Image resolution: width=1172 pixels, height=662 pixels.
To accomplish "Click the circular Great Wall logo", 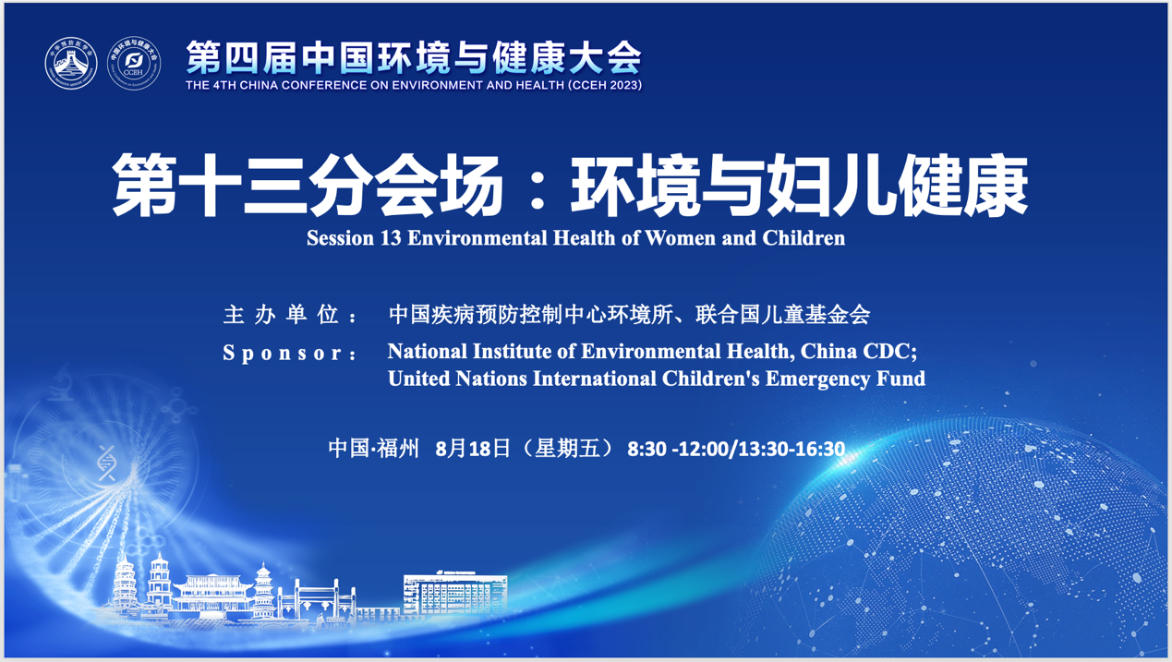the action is [71, 64].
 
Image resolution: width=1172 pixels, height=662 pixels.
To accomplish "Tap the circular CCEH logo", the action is [134, 64].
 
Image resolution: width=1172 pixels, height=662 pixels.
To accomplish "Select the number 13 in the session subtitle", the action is [391, 238].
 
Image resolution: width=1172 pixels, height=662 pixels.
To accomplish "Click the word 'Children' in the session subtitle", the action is [803, 238].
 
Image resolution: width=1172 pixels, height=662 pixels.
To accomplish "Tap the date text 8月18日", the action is [473, 449].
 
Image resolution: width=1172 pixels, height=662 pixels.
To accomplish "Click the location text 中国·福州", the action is [373, 449].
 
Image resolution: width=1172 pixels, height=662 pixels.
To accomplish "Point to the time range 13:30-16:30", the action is [793, 449].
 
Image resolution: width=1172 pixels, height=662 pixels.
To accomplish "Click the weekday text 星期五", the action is [567, 449].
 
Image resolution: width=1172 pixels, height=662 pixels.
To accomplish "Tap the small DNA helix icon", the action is [107, 463].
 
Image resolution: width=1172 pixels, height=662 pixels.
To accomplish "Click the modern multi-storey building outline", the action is [455, 593].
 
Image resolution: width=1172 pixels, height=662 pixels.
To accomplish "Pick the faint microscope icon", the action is [61, 384].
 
